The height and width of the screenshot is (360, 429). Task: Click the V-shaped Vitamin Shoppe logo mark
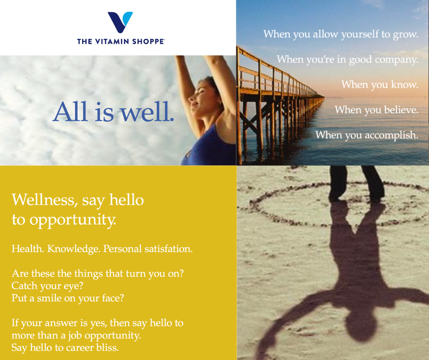click(120, 22)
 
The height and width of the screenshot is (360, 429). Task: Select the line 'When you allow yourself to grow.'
click(341, 34)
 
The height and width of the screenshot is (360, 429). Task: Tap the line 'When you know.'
click(380, 85)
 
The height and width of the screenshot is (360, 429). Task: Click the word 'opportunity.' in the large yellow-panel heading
click(73, 220)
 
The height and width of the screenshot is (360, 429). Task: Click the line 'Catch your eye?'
click(47, 286)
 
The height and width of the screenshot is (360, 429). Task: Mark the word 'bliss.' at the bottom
click(108, 347)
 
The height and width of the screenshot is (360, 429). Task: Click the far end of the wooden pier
click(324, 97)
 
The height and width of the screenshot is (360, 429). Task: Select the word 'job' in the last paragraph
click(75, 336)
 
